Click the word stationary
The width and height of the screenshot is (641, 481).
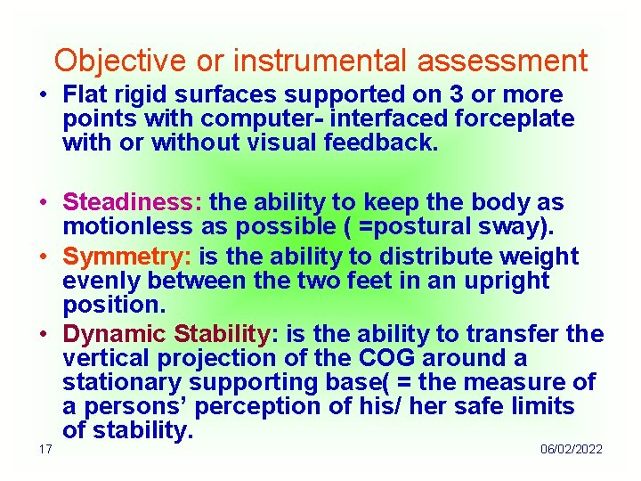point(123,383)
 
